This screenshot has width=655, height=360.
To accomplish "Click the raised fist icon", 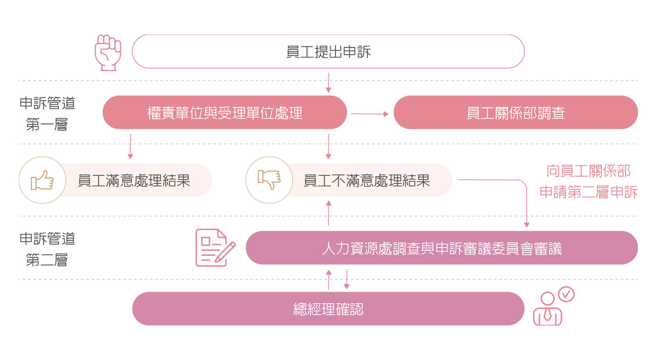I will pos(108,52).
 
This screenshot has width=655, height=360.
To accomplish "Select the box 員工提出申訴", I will pos(328,51).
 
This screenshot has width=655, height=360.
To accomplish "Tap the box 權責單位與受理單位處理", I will pos(225,113).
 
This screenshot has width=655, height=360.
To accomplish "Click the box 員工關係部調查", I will pos(515,113).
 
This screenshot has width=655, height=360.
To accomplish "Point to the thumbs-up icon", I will pos(42,180).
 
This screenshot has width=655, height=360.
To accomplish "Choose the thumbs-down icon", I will pos(269,180).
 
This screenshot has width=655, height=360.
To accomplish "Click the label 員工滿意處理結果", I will pos(134,180).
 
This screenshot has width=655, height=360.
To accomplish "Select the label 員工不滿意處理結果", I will pos(366,180).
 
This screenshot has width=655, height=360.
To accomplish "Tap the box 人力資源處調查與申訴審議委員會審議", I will pos(441,248).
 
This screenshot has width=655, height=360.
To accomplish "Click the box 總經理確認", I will pos(328,309).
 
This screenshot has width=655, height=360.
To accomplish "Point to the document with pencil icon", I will pos(215,247).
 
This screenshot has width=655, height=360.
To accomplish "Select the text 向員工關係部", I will pos(588,171).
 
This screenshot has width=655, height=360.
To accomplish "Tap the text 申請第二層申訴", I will pos(588,192).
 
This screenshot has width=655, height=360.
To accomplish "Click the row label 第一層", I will pos(47,125).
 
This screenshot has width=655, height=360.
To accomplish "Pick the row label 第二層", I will pos(47,260).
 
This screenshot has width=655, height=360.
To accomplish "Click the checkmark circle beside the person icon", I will pos(566,294).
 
